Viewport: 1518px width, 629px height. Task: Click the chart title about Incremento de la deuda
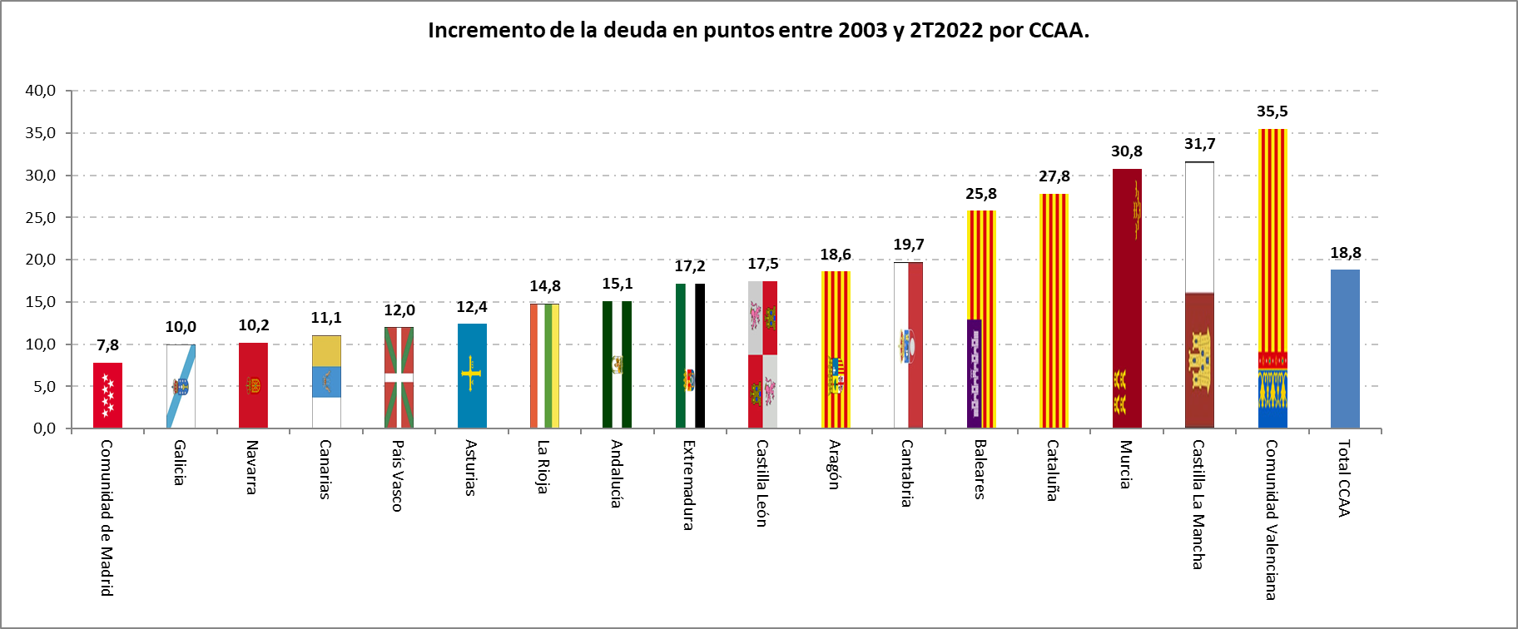(x=758, y=31)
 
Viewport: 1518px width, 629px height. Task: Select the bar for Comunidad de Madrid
(x=107, y=395)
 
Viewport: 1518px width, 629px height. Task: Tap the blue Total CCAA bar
(x=1345, y=349)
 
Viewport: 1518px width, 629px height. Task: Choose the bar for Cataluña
(x=1054, y=311)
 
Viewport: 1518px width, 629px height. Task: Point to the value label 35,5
(x=1272, y=111)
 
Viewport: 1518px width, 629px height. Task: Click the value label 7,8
(x=107, y=345)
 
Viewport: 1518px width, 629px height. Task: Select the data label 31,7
(x=1199, y=144)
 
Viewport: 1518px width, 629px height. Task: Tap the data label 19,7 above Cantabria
(x=908, y=245)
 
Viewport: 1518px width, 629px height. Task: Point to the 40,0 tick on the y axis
(x=41, y=91)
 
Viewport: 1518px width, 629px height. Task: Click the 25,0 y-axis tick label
(x=41, y=218)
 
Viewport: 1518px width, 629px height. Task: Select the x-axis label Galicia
(x=179, y=463)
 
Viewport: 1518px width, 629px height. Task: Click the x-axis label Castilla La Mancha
(x=1198, y=504)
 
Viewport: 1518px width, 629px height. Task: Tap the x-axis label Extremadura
(x=688, y=484)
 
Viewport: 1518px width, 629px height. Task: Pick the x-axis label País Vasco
(x=398, y=475)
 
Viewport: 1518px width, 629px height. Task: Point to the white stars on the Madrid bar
(x=107, y=395)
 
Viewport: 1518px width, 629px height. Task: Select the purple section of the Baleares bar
(x=975, y=373)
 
